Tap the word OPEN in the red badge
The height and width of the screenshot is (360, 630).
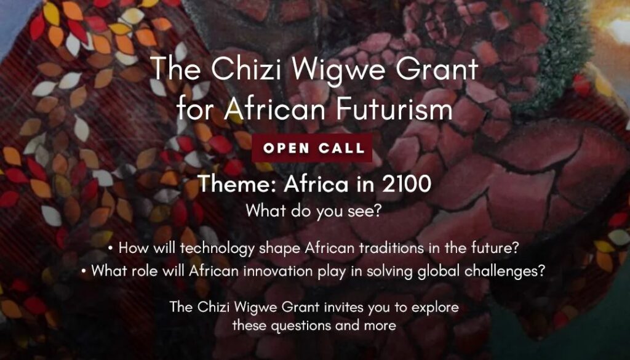coord(285,148)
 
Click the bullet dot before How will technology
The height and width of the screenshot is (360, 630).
coord(110,249)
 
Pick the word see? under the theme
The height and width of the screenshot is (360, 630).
coord(367,210)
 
